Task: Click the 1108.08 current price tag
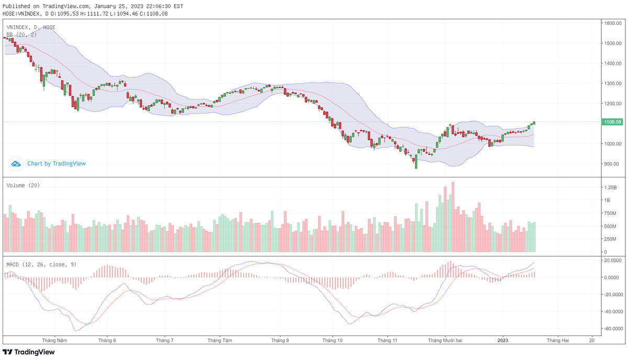(x=612, y=122)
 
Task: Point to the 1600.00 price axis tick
(x=612, y=23)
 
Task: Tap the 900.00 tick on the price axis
(x=611, y=164)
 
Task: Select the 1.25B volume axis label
(x=611, y=187)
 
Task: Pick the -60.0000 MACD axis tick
(x=613, y=329)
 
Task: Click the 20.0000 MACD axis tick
(x=613, y=260)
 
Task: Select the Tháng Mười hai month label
(x=445, y=340)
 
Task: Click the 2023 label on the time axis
(x=502, y=340)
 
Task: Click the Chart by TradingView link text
(x=57, y=164)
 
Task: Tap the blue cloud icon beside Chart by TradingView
(x=16, y=164)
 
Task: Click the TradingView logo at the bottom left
(x=29, y=352)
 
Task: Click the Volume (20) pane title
(x=23, y=185)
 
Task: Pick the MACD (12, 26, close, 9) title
(x=41, y=264)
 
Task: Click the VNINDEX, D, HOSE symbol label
(x=31, y=27)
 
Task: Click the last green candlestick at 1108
(x=534, y=123)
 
